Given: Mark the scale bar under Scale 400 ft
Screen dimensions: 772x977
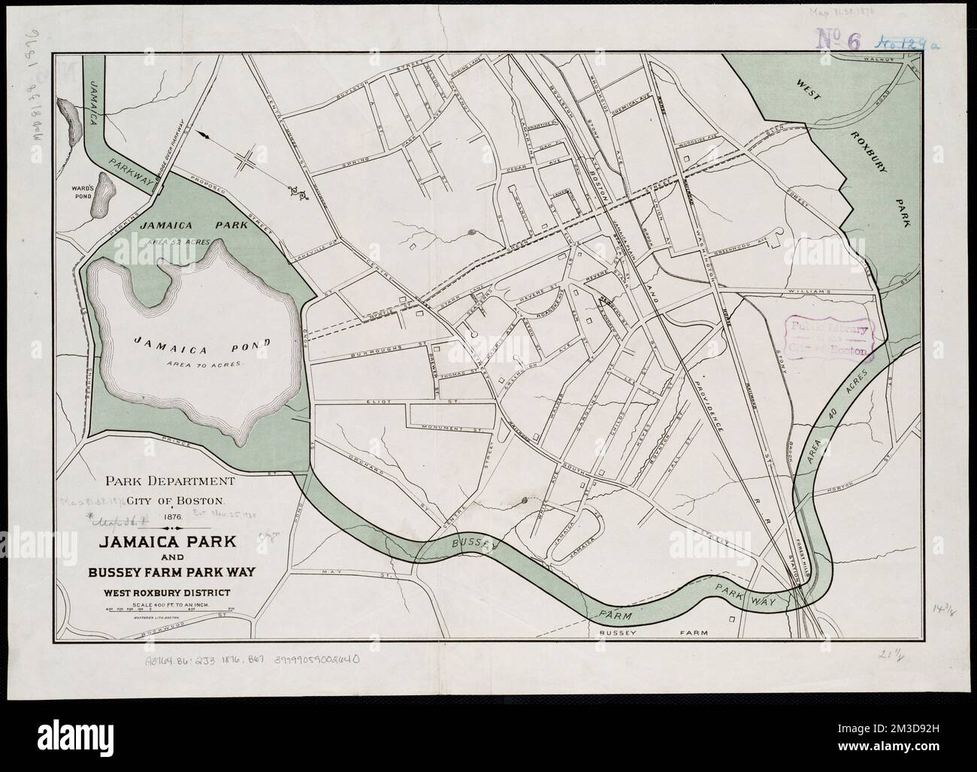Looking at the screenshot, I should coord(171,610).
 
